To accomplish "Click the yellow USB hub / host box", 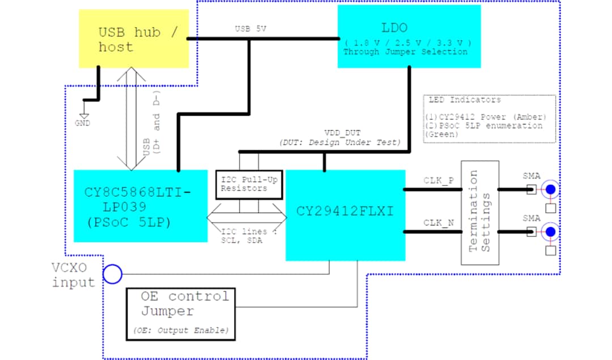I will click(x=134, y=39).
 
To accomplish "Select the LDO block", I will click(x=409, y=36).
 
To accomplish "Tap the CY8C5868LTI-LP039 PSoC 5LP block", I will click(x=141, y=205).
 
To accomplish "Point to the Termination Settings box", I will click(x=479, y=213).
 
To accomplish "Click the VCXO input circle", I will click(x=112, y=275).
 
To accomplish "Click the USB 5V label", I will click(x=250, y=28).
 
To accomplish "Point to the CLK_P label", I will click(x=438, y=180).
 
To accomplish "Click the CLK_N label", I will click(x=438, y=223).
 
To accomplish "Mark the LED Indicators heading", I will click(x=464, y=100).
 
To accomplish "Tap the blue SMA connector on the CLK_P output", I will click(x=549, y=190).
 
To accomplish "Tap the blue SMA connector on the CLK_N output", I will click(x=549, y=231).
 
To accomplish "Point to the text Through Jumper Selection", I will click(x=405, y=52).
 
